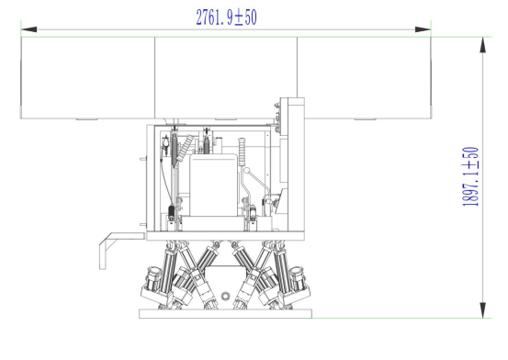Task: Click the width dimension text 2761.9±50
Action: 227,17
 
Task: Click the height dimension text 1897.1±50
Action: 470,176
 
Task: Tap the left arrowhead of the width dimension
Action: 28,29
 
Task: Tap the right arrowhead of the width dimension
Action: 423,29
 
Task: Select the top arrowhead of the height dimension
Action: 482,45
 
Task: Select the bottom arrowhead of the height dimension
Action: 482,310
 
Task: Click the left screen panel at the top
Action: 88,78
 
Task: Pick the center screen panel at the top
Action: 226,78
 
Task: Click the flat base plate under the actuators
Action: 225,314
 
